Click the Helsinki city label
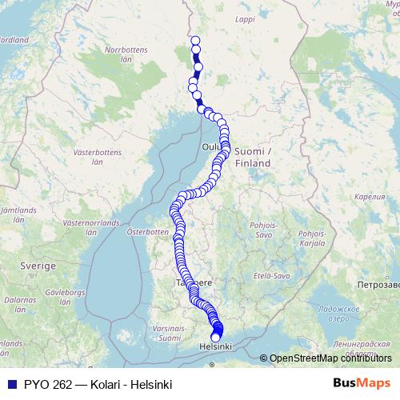click(214, 347)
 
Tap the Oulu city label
click(210, 146)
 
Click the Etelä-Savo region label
click(273, 274)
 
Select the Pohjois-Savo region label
click(263, 230)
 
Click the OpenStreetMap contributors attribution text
click(328, 358)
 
